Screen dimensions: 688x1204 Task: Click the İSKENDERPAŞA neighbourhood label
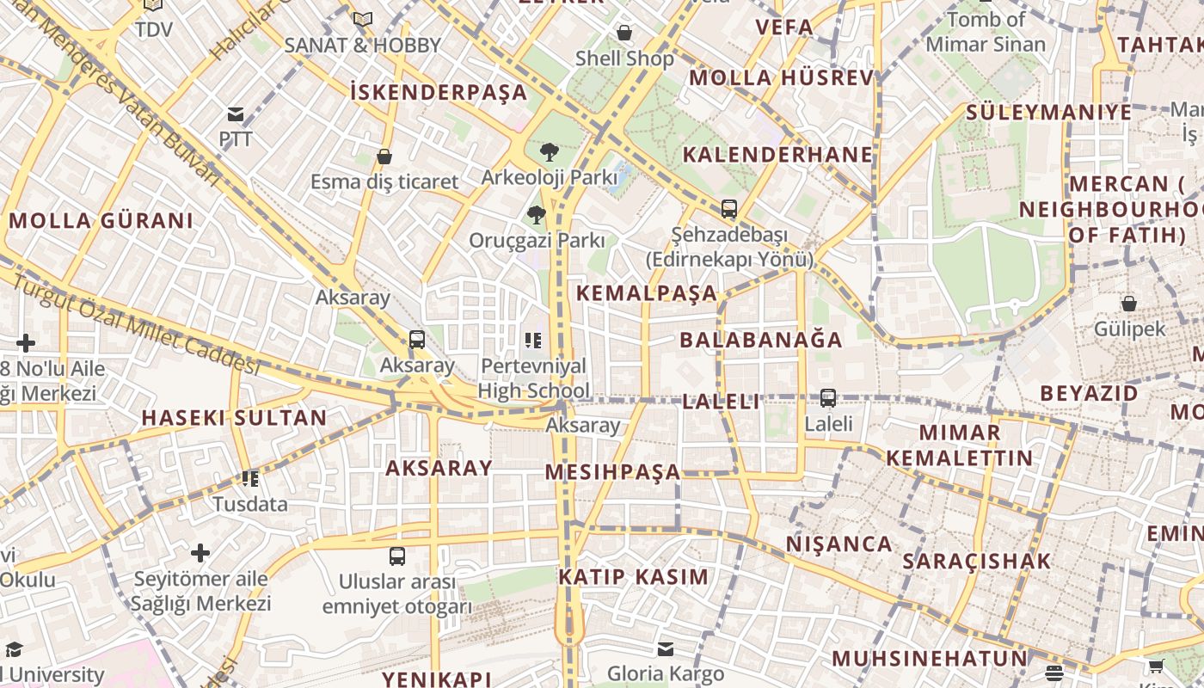[x=439, y=92]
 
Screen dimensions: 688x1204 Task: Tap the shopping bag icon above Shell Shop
[x=624, y=33]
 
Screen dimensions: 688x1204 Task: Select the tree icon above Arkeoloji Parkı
[x=549, y=152]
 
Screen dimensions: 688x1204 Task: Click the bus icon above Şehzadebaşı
[x=729, y=208]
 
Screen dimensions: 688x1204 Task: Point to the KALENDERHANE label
[x=777, y=155]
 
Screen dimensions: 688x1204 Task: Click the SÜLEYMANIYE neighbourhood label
[x=1048, y=113]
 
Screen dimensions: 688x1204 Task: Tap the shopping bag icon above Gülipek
[x=1129, y=304]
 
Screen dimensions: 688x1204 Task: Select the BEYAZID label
[x=1089, y=394]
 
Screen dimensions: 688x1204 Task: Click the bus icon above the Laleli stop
[x=828, y=398]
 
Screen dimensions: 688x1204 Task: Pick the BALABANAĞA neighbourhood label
[x=761, y=340]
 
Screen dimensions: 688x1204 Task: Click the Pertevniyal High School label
[x=533, y=378]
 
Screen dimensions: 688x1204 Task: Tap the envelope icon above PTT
[x=235, y=114]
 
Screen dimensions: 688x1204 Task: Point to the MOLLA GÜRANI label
[x=101, y=221]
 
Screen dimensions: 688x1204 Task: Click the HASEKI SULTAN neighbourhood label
[x=234, y=419]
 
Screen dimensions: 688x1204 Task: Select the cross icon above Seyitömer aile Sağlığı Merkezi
[x=201, y=552]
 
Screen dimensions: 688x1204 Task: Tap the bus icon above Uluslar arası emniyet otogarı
[x=396, y=556]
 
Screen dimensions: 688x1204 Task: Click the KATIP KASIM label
[x=634, y=577]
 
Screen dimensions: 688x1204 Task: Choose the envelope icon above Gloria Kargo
[x=666, y=648]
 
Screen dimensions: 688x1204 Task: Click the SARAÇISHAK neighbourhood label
[x=976, y=562]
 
